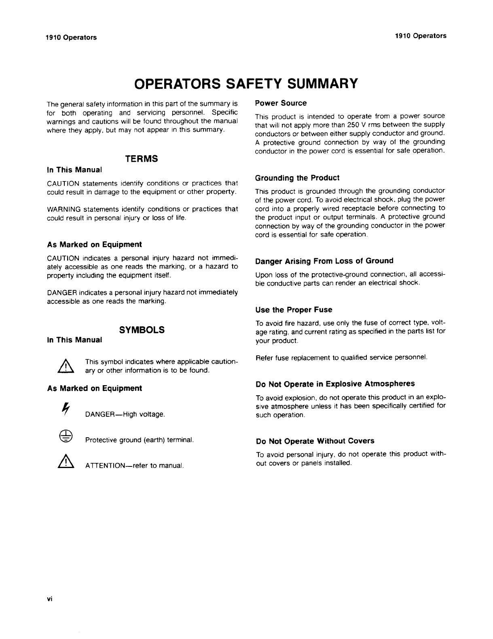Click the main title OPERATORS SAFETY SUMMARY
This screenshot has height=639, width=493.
click(x=246, y=84)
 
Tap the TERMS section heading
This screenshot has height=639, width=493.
click(x=141, y=159)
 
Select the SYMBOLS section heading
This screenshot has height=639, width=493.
click(x=142, y=330)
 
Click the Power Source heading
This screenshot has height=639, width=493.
click(x=281, y=103)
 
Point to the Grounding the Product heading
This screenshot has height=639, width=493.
click(x=297, y=178)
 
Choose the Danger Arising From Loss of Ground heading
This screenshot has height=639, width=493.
click(x=324, y=261)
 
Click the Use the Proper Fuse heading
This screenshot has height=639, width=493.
click(x=294, y=310)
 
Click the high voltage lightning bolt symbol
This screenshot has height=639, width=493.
click(x=64, y=409)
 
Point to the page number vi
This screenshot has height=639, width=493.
click(x=50, y=599)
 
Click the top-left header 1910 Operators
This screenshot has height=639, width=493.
click(x=71, y=38)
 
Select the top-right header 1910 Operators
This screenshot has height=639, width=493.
click(x=421, y=36)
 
